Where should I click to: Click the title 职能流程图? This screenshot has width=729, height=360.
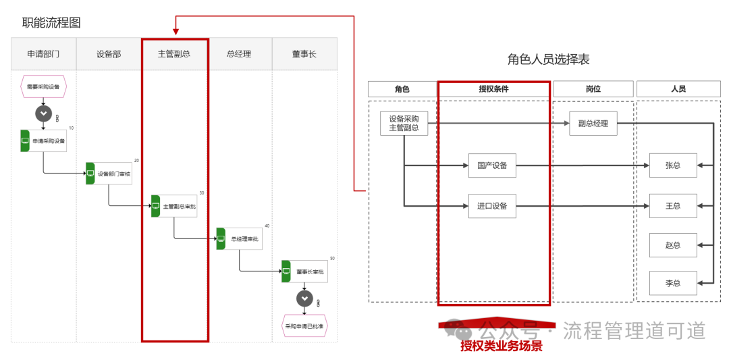[51, 22]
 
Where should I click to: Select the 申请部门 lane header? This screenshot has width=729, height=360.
[43, 54]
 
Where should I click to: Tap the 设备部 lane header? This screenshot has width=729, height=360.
[109, 54]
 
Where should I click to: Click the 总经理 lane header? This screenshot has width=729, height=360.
[240, 54]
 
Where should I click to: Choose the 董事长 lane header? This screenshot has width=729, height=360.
[304, 54]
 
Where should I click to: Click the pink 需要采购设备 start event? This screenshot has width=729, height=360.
[44, 86]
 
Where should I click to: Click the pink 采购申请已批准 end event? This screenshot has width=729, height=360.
[304, 326]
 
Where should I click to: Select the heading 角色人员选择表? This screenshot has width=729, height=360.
[548, 59]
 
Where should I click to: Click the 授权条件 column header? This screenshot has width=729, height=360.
[493, 89]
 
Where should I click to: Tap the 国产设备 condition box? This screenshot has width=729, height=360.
[492, 165]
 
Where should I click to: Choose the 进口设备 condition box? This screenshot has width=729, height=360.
[492, 206]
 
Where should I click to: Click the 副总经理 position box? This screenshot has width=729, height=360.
[593, 124]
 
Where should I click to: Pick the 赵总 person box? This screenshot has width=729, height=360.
[673, 245]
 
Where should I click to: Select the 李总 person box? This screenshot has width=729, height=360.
[673, 282]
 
